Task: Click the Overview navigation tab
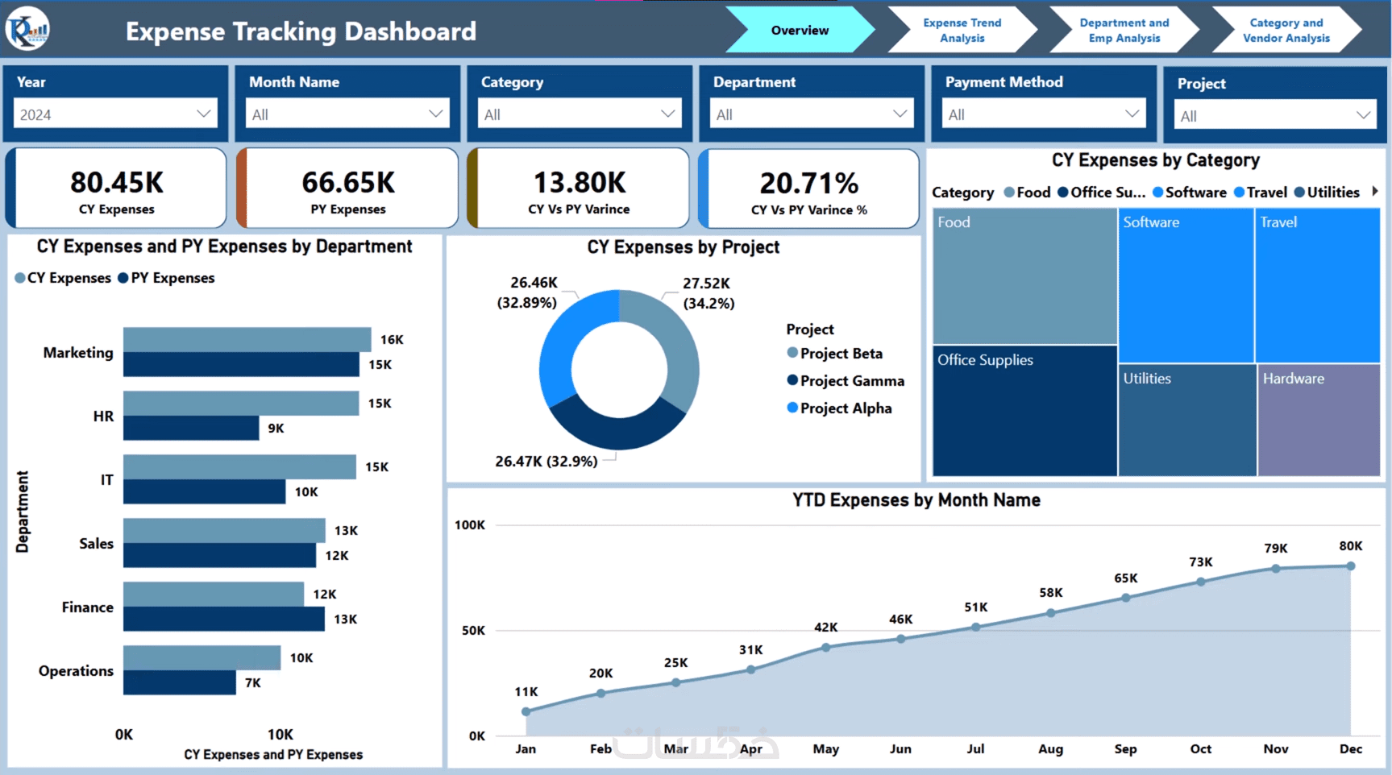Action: pos(799,31)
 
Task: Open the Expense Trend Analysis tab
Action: pos(962,31)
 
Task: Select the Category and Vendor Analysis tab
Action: pos(1286,31)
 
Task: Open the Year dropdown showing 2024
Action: pos(115,114)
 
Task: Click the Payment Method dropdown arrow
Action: pos(1132,114)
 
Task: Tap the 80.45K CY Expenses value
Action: pos(117,183)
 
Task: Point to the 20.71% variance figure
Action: pos(808,184)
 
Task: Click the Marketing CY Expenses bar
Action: pos(247,339)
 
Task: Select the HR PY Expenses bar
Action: pos(191,428)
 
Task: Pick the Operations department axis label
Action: pos(77,671)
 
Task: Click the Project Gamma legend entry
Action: pos(851,381)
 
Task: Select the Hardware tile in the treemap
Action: pos(1319,419)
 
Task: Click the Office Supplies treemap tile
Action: pos(1024,411)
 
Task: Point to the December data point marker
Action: pos(1351,566)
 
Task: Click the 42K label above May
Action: pos(825,628)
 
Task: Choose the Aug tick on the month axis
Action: pos(1050,749)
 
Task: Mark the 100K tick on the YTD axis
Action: pos(470,525)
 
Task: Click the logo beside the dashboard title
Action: pos(27,30)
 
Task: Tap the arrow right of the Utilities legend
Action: pos(1374,192)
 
